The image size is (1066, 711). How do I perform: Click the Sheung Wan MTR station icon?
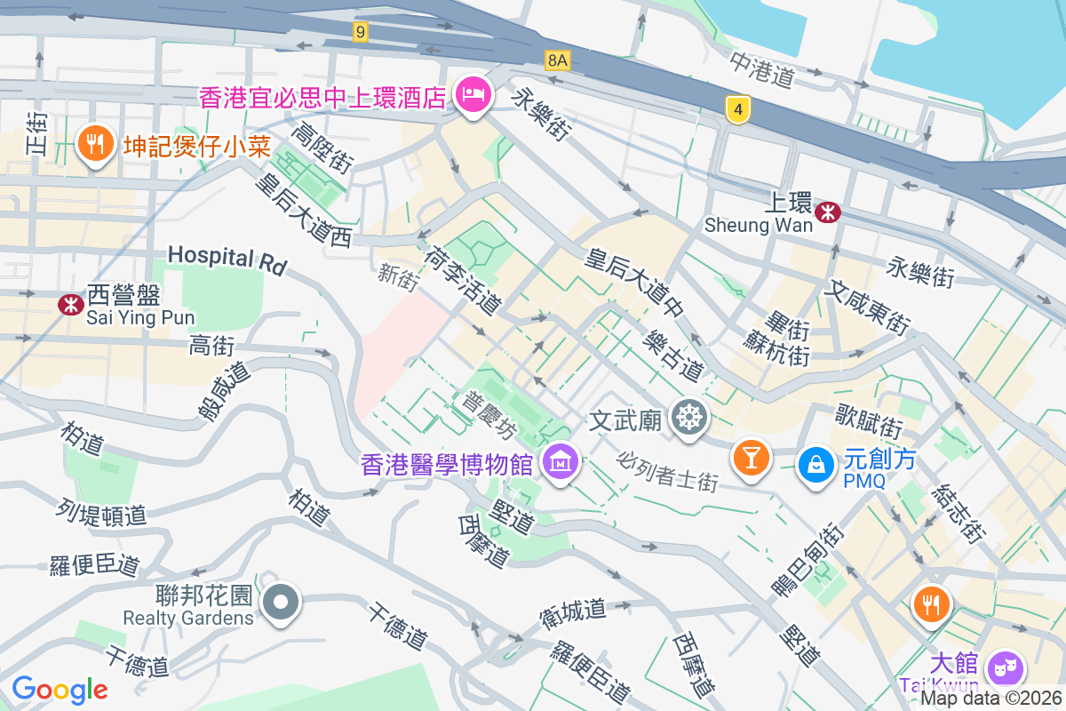[x=828, y=212]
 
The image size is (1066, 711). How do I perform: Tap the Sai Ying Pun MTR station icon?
[x=68, y=304]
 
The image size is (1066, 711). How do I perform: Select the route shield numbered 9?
[x=360, y=32]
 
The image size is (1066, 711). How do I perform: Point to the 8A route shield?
[x=557, y=60]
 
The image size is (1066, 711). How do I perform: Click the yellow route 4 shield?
[x=737, y=109]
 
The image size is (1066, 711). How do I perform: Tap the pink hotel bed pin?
[x=472, y=94]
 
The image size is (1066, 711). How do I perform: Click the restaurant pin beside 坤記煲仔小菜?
[x=93, y=143]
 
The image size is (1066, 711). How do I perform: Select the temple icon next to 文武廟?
[x=688, y=417]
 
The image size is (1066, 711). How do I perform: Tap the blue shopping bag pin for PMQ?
[x=815, y=463]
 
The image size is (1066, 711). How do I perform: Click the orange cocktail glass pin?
[x=751, y=458]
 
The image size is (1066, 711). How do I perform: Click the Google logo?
[x=60, y=689]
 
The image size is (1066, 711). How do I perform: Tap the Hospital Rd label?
[x=227, y=259]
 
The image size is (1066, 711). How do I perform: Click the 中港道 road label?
[x=761, y=69]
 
